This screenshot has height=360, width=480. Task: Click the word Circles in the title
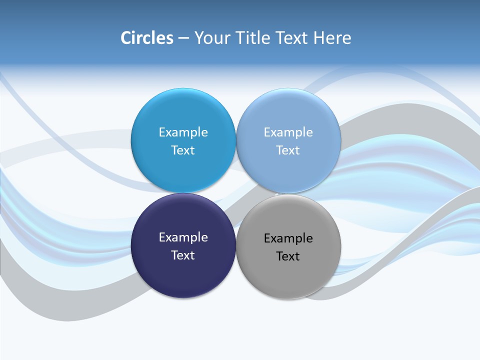(146, 38)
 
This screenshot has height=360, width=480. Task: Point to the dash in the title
(183, 38)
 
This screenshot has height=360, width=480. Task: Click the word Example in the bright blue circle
(183, 132)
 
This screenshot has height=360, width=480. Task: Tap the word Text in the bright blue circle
(183, 150)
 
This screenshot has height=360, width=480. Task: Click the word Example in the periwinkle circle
(288, 132)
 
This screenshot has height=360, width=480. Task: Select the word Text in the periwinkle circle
(288, 150)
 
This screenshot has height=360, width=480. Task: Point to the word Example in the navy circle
(183, 237)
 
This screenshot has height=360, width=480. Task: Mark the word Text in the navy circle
(183, 255)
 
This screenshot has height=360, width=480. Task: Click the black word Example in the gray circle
(288, 238)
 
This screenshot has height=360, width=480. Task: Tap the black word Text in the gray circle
(288, 256)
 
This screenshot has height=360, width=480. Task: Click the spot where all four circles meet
(236, 193)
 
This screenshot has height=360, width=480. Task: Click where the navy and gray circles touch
(236, 245)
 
